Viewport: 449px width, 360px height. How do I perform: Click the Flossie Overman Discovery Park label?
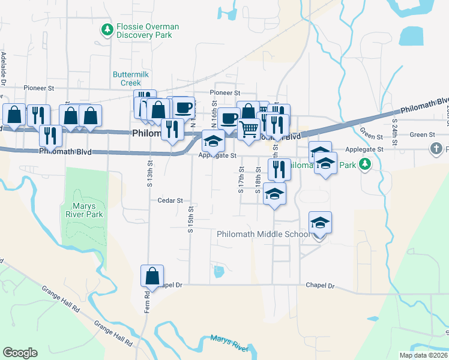pos(144,31)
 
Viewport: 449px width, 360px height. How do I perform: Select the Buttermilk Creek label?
pos(130,78)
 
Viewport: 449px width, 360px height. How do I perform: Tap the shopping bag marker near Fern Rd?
pos(152,276)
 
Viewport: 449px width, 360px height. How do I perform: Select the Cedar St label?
pos(170,200)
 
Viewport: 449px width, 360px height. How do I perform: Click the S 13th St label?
pos(149,173)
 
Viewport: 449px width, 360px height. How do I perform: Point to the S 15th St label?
pos(190,219)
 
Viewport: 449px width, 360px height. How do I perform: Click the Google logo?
pos(20,353)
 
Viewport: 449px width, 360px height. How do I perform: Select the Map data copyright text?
pos(423,355)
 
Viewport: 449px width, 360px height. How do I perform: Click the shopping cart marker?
pos(249,128)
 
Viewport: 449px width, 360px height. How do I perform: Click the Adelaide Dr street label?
pos(4,70)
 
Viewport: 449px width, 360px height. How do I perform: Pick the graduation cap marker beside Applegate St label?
pos(212,141)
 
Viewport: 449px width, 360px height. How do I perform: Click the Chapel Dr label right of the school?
pos(319,286)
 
